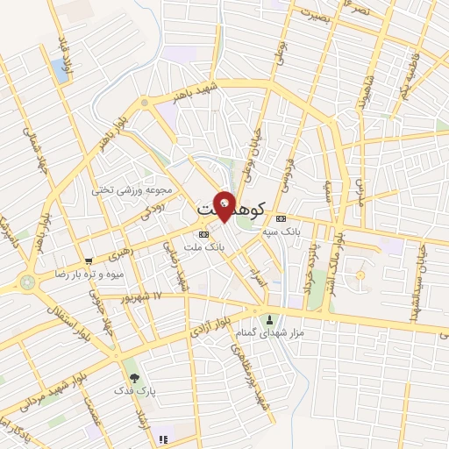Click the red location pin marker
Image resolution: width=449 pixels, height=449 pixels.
point(224,205)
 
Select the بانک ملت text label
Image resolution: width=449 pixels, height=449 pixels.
point(226,247)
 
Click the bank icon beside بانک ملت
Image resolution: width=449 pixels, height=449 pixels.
point(203,235)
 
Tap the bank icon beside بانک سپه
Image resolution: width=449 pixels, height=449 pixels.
point(281,218)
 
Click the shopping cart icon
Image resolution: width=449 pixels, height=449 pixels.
point(89,260)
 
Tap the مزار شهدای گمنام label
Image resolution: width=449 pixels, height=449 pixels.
point(270,333)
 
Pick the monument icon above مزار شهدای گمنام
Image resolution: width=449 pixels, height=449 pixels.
point(269,319)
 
